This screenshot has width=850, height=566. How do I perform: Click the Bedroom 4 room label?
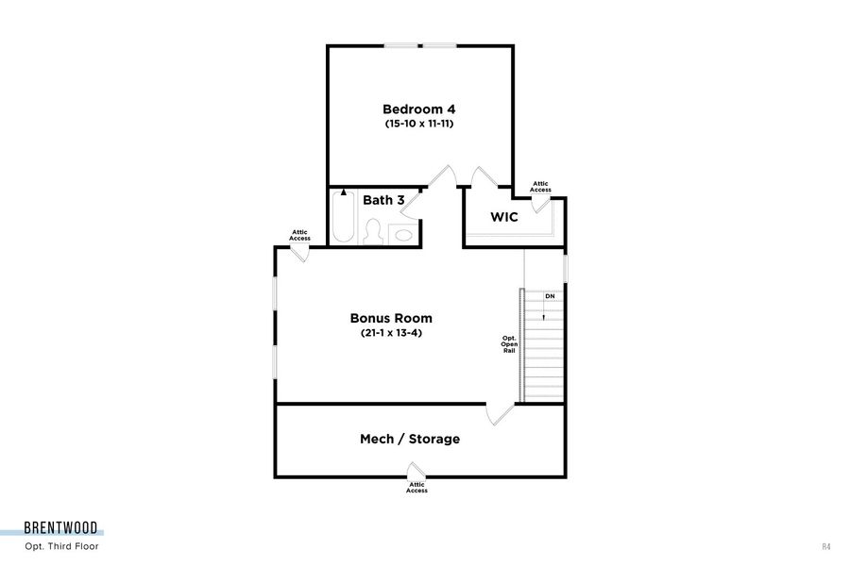(x=418, y=108)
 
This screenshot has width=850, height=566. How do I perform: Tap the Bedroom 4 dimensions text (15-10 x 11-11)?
(x=418, y=124)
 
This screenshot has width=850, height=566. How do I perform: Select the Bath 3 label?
(x=383, y=200)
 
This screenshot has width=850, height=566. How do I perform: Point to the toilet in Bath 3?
(x=373, y=232)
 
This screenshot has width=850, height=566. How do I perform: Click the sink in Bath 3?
(x=404, y=234)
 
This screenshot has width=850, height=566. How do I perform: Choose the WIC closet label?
(x=503, y=217)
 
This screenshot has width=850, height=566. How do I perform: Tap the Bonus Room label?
(x=391, y=318)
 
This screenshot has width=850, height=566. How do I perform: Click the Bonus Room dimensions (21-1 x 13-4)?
(x=391, y=333)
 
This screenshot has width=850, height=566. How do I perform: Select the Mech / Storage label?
(x=410, y=439)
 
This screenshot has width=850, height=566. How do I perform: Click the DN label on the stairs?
(x=550, y=296)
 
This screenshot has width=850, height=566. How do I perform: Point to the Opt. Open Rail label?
(x=509, y=344)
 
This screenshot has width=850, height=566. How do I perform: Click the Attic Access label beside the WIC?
(x=540, y=187)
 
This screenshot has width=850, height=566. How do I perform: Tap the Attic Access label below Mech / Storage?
(x=416, y=488)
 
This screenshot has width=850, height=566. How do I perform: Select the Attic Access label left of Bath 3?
(x=299, y=235)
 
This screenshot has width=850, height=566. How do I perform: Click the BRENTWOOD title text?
(x=64, y=529)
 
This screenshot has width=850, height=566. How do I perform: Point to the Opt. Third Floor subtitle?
(x=61, y=546)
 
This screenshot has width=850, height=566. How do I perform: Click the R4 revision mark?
(x=827, y=546)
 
